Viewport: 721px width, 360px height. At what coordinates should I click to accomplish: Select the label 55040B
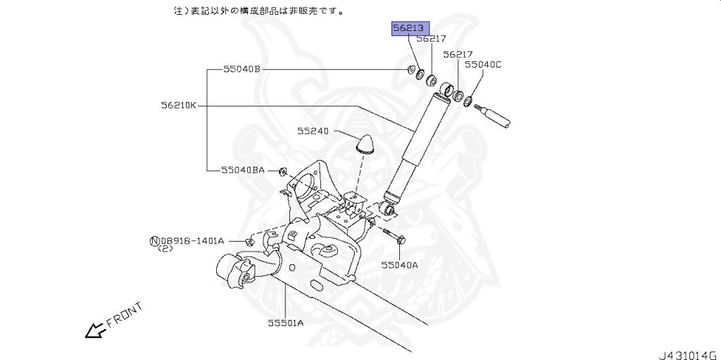pos(242,69)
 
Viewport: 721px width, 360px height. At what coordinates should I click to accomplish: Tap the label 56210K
pos(179,106)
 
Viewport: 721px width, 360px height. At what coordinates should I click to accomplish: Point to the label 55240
pos(313,131)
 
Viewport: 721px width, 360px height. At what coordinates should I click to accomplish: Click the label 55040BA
pos(243,170)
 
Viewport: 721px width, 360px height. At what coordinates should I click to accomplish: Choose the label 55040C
pos(482,64)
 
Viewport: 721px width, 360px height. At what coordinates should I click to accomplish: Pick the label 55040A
pos(399,265)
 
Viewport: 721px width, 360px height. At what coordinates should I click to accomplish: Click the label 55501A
pos(285,323)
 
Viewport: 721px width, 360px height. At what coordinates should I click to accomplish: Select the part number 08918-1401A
pos(192,241)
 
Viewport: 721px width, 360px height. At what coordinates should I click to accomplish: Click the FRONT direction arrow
pos(93,329)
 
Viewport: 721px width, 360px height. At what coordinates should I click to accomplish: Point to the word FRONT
pos(125,315)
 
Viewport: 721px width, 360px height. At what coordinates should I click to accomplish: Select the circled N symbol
pos(154,241)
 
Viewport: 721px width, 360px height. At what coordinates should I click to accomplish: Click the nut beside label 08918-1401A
pos(249,242)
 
